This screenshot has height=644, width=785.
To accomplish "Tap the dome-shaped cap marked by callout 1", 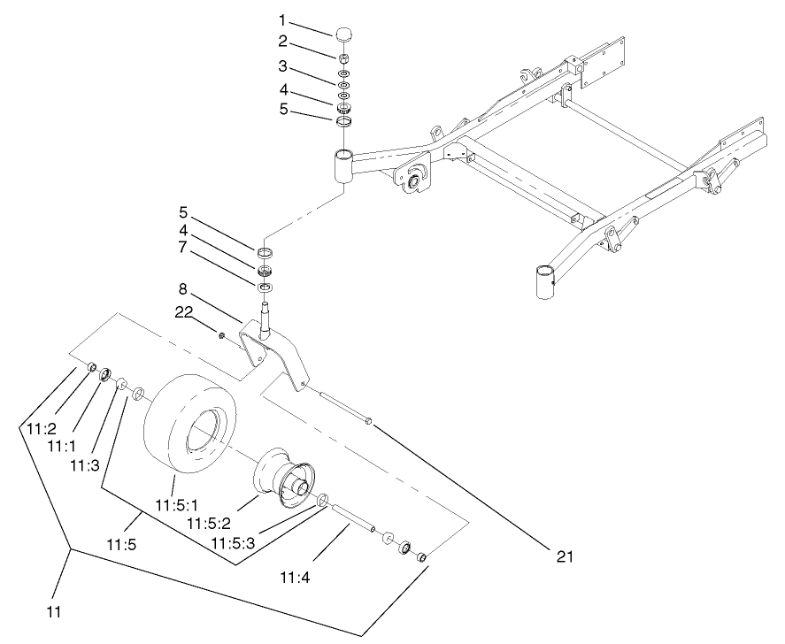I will click(344, 34).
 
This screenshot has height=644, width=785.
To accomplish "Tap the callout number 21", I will click(566, 556).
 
